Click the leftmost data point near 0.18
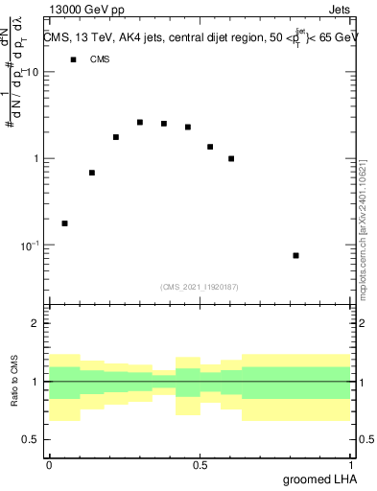[x=64, y=223]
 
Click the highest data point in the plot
[x=140, y=123]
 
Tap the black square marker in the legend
[x=72, y=59]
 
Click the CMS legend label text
[x=100, y=59]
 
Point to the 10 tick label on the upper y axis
[x=33, y=73]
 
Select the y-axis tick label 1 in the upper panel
[x=36, y=159]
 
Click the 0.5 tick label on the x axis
[x=200, y=465]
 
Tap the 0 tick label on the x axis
[x=49, y=465]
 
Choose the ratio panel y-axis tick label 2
[x=36, y=324]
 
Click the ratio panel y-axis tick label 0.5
[x=31, y=439]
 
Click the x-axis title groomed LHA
[x=317, y=479]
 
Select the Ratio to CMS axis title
[x=13, y=382]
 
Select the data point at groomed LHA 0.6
[x=231, y=159]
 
